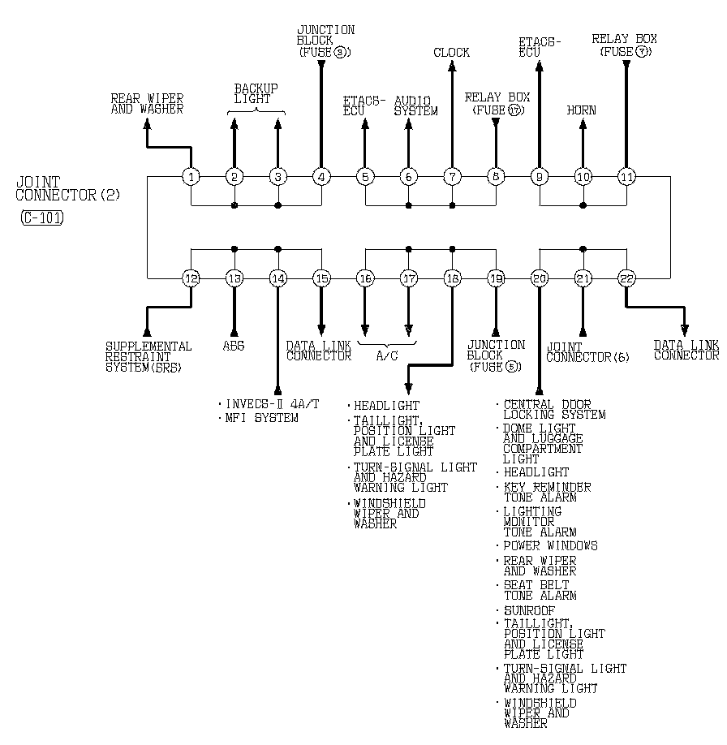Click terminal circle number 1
click(191, 177)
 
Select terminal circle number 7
click(452, 177)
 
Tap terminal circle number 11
click(626, 177)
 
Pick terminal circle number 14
click(278, 278)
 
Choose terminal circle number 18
click(452, 278)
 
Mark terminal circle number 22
click(626, 278)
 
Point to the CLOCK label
click(451, 53)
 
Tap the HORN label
click(581, 110)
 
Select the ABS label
click(234, 346)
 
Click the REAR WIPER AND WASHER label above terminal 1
click(147, 104)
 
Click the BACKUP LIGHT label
click(256, 93)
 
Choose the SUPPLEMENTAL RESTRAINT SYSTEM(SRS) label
click(148, 356)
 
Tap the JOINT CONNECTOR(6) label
click(588, 351)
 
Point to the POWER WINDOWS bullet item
click(549, 545)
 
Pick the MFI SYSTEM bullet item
click(261, 418)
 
